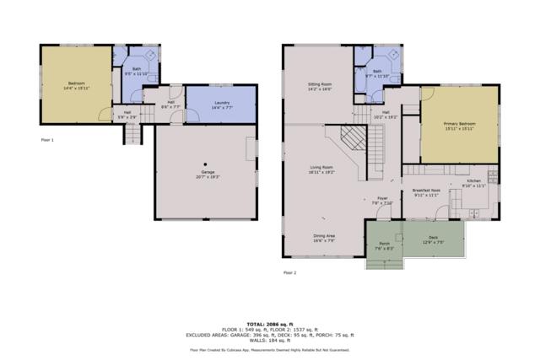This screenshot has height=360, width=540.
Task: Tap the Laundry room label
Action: pos(222,104)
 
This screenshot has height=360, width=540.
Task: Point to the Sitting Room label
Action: pos(319,86)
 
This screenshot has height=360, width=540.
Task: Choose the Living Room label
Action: pos(321,169)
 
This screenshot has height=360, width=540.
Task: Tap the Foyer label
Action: pos(384,201)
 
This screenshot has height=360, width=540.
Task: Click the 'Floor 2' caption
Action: pos(289,272)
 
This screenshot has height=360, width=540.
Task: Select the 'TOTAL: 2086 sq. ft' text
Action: pos(270,324)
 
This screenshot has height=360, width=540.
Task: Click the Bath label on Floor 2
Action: pos(377,73)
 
